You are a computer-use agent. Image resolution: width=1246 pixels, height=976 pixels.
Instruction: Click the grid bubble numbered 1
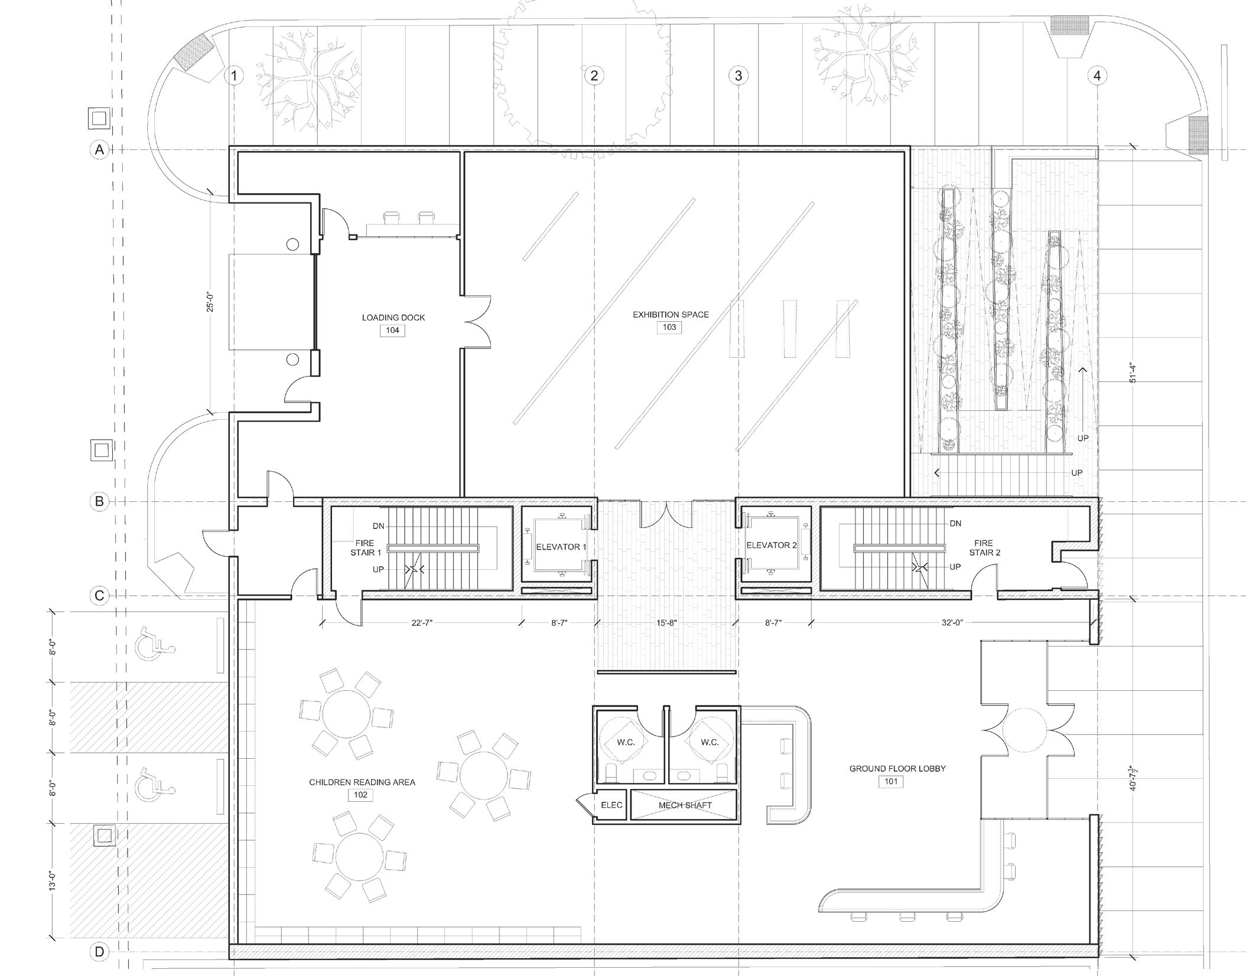pyautogui.click(x=235, y=76)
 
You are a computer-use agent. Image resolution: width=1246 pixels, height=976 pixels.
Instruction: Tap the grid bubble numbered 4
pyautogui.click(x=1097, y=76)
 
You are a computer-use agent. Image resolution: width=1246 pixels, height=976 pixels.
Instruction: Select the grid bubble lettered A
pyautogui.click(x=99, y=150)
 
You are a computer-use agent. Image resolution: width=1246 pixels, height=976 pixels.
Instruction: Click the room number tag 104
pyautogui.click(x=393, y=330)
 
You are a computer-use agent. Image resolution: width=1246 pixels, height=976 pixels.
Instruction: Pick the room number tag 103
pyautogui.click(x=669, y=327)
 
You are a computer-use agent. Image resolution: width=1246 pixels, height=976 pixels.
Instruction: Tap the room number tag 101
pyautogui.click(x=891, y=782)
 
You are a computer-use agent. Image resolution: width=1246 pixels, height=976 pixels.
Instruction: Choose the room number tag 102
pyautogui.click(x=360, y=795)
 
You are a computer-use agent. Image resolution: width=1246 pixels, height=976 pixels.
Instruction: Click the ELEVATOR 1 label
pyautogui.click(x=561, y=547)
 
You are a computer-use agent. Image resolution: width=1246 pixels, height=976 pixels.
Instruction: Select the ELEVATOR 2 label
pyautogui.click(x=772, y=546)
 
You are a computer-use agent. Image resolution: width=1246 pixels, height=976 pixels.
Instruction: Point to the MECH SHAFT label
pyautogui.click(x=685, y=805)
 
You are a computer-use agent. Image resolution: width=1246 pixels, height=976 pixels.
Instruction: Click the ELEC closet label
pyautogui.click(x=611, y=805)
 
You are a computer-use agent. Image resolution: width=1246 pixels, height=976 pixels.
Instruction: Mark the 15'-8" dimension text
pyautogui.click(x=666, y=622)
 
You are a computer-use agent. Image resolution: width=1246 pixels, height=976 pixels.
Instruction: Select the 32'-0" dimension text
pyautogui.click(x=952, y=622)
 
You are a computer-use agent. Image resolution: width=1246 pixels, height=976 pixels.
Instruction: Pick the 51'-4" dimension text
pyautogui.click(x=1132, y=372)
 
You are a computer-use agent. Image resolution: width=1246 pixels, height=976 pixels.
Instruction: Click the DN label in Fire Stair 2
pyautogui.click(x=955, y=523)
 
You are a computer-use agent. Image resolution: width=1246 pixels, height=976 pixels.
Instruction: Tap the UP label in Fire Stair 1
pyautogui.click(x=378, y=570)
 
